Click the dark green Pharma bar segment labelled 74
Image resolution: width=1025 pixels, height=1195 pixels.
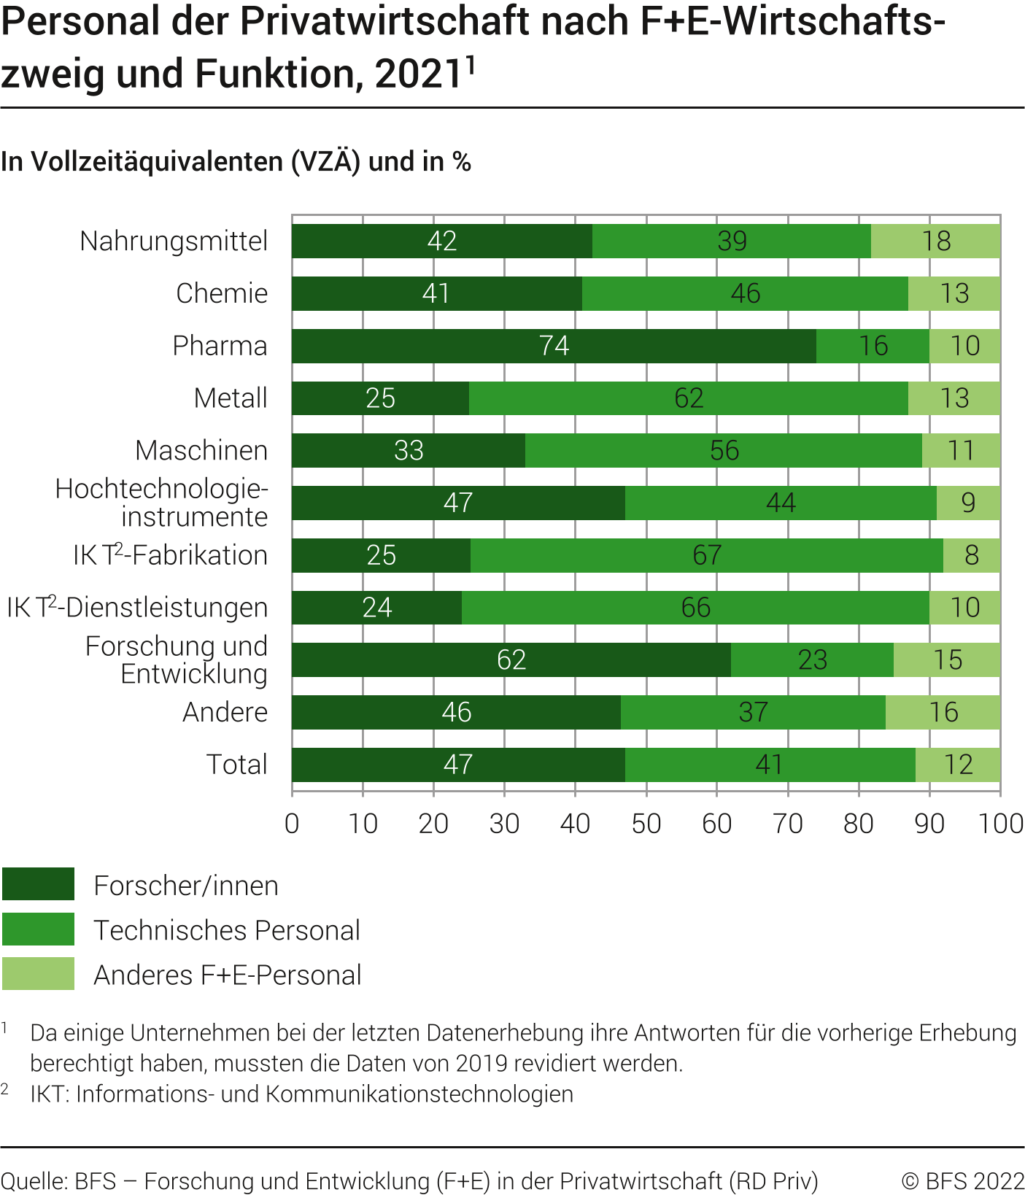pyautogui.click(x=554, y=346)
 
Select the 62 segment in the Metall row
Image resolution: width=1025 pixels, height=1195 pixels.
pyautogui.click(x=689, y=398)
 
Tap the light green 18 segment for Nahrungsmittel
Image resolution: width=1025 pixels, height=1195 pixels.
pyautogui.click(x=936, y=241)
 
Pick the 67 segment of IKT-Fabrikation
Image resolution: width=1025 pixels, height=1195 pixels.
pyautogui.click(x=707, y=555)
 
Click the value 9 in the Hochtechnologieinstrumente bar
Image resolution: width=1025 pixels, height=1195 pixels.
pyautogui.click(x=968, y=503)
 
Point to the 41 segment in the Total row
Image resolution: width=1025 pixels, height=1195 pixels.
pyautogui.click(x=770, y=765)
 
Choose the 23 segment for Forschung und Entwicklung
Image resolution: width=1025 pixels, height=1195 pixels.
pyautogui.click(x=812, y=660)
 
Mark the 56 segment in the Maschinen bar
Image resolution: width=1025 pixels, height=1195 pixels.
pyautogui.click(x=724, y=451)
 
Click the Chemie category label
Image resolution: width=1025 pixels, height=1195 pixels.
pyautogui.click(x=222, y=293)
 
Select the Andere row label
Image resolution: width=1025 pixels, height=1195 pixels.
pyautogui.click(x=225, y=712)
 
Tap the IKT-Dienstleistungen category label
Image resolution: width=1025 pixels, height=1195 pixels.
pyautogui.click(x=137, y=608)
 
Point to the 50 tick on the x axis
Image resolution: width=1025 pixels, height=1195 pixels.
pyautogui.click(x=646, y=824)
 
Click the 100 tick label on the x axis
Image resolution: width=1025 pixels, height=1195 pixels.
pyautogui.click(x=1000, y=824)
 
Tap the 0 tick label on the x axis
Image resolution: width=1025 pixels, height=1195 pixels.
pyautogui.click(x=292, y=824)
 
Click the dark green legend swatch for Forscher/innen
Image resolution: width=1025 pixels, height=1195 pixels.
pyautogui.click(x=38, y=884)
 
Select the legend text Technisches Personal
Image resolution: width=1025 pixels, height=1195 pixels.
pyautogui.click(x=227, y=930)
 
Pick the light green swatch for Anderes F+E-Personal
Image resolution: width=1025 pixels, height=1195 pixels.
pyautogui.click(x=38, y=974)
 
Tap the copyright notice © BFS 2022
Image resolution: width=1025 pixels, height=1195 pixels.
pyautogui.click(x=962, y=1181)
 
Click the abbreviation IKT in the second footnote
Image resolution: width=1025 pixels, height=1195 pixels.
pyautogui.click(x=49, y=1094)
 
